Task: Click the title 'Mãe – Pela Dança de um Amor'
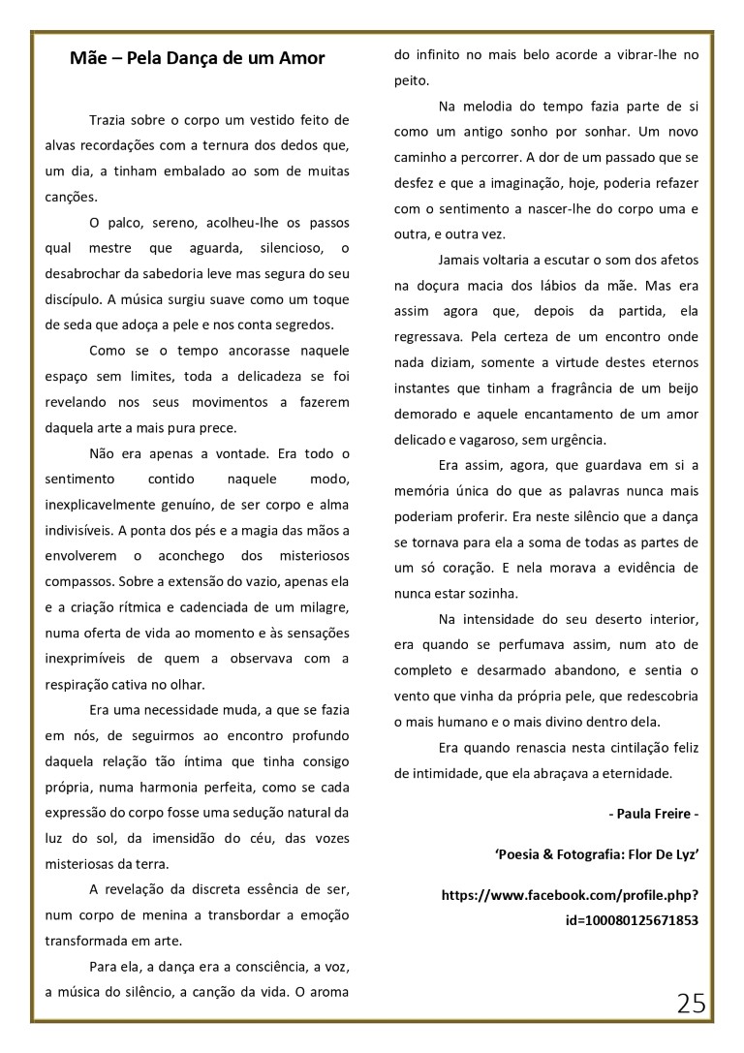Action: click(x=197, y=59)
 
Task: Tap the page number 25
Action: click(x=691, y=1003)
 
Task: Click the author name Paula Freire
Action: click(x=653, y=814)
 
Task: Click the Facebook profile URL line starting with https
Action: click(x=570, y=896)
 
